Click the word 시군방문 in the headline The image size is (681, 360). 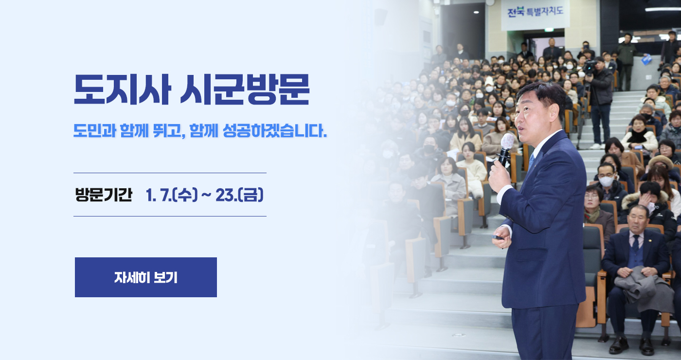pyautogui.click(x=245, y=90)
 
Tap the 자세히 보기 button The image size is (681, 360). pyautogui.click(x=146, y=277)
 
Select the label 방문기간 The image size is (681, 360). pyautogui.click(x=103, y=195)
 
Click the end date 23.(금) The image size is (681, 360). pyautogui.click(x=239, y=195)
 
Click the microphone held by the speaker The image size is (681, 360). pyautogui.click(x=505, y=146)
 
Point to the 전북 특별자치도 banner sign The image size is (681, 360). pyautogui.click(x=535, y=12)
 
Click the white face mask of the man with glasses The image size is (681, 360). pyautogui.click(x=606, y=181)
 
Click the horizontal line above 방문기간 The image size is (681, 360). pyautogui.click(x=170, y=173)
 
